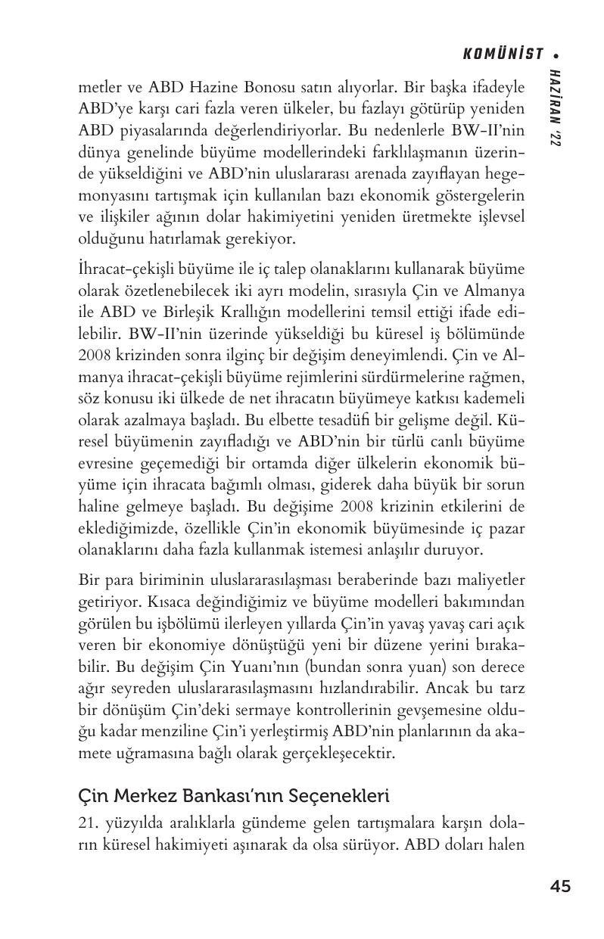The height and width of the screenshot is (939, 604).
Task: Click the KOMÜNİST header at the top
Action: coord(503,54)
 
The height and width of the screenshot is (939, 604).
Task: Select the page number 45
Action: coord(561,886)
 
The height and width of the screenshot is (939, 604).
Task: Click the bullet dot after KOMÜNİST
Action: coord(556,54)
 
